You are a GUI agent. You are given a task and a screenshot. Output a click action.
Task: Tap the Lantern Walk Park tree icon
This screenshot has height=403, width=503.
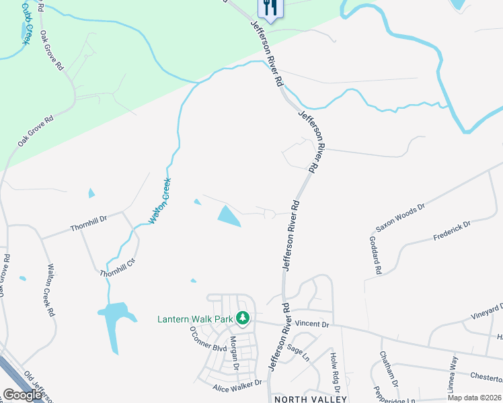pos(243,318)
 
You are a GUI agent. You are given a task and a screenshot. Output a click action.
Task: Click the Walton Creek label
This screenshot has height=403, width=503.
pos(160,201)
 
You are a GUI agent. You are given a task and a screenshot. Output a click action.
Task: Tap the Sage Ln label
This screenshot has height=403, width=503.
pos(296,351)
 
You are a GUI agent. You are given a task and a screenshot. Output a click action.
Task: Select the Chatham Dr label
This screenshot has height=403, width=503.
pos(389,369)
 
